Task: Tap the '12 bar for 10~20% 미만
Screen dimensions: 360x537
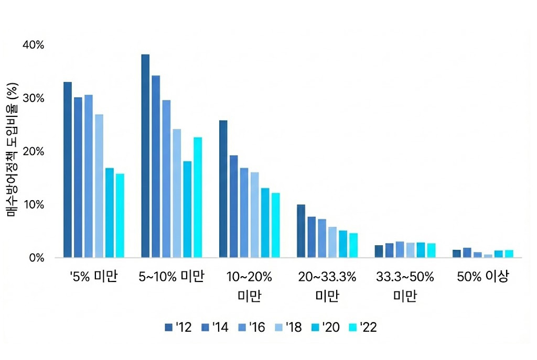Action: point(223,189)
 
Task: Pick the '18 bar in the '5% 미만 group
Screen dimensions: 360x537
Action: point(99,186)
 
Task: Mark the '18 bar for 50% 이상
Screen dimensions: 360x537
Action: point(488,256)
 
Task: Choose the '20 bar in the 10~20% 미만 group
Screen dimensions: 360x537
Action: point(265,223)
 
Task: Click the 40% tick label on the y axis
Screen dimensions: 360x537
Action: point(33,46)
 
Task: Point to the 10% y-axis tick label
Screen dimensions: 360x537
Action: point(33,204)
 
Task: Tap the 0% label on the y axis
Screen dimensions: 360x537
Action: point(36,258)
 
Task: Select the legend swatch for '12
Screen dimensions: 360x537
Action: point(168,328)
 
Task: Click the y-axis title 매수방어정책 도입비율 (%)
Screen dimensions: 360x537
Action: point(13,151)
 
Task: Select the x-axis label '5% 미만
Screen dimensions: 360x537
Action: point(94,277)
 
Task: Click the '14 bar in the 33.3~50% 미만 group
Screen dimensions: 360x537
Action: point(389,250)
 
